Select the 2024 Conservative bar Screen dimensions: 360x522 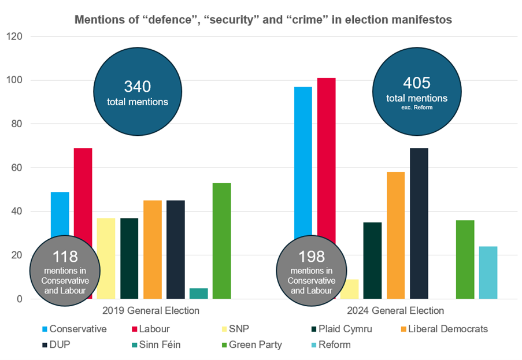(303, 162)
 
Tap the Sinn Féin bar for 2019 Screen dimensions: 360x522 (199, 294)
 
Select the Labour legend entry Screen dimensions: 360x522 (151, 329)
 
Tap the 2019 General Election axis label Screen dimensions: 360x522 (150, 311)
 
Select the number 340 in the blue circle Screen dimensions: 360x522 (138, 87)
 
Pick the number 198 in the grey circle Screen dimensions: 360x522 (312, 256)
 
